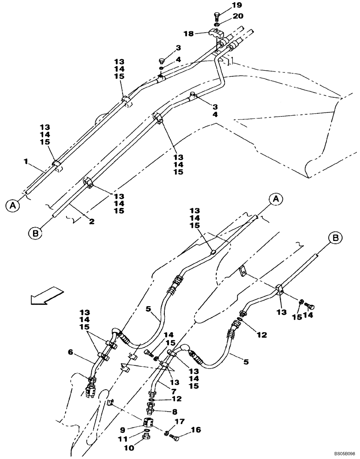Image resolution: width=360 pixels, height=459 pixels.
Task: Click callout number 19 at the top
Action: (x=236, y=6)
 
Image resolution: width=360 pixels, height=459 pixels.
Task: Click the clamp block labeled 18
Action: (x=216, y=34)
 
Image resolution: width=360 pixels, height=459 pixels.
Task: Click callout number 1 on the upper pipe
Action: (x=26, y=162)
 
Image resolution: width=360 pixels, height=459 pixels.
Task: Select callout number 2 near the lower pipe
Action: (x=91, y=221)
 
